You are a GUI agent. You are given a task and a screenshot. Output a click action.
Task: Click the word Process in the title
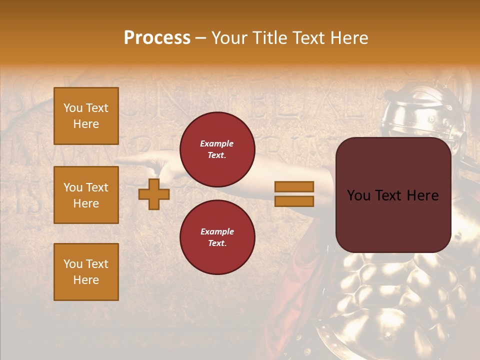click(157, 37)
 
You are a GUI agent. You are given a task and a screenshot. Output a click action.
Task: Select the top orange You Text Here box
click(86, 116)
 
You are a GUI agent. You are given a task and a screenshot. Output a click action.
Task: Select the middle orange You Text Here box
click(86, 195)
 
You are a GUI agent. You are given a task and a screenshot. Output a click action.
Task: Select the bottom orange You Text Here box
click(86, 272)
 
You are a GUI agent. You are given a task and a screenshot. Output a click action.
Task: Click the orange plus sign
click(154, 193)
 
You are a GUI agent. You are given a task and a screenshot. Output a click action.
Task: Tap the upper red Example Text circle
click(217, 149)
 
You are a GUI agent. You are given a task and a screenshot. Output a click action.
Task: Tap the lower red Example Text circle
click(217, 237)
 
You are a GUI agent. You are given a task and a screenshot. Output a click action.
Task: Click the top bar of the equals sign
click(294, 186)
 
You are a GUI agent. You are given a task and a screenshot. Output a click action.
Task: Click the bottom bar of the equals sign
click(294, 201)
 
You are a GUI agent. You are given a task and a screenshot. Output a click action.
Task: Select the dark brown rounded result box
click(393, 195)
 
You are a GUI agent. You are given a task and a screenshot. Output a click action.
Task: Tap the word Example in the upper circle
click(217, 143)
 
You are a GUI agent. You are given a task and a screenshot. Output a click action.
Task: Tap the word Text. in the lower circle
click(217, 243)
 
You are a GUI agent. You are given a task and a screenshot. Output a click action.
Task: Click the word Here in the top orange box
click(86, 124)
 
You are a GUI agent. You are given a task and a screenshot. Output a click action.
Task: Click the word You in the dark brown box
click(358, 195)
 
